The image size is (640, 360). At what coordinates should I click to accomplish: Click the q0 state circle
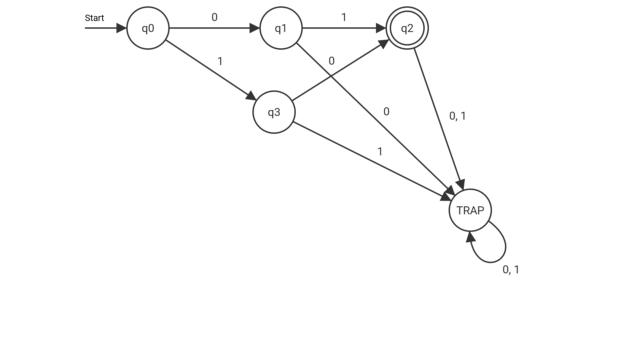(148, 28)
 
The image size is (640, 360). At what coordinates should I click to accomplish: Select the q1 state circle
(281, 28)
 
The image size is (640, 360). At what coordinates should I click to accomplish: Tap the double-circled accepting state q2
(407, 28)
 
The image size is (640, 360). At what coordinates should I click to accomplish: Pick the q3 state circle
(274, 112)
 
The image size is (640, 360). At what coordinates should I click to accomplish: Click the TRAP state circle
(470, 210)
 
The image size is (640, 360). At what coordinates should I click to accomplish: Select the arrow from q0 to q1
(213, 28)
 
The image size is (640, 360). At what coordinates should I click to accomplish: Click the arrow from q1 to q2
(343, 28)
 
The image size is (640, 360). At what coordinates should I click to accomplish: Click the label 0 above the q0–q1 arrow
(214, 17)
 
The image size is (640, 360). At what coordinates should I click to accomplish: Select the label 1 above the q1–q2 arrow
(344, 17)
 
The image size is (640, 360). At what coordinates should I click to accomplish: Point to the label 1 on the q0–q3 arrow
(220, 61)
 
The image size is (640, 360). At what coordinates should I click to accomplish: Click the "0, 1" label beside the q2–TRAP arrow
(457, 116)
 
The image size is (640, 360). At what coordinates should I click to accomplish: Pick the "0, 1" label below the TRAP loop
(511, 270)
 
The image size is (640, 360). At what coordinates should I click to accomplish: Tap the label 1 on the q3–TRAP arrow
(380, 152)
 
